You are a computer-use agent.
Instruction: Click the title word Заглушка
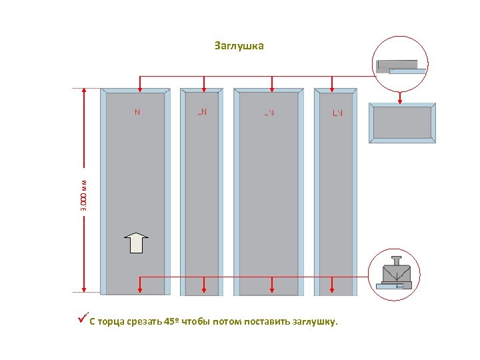click(x=239, y=46)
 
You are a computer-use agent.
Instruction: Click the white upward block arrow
click(x=137, y=243)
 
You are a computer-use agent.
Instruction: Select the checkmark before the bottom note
click(x=83, y=321)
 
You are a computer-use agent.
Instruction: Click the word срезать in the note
click(x=142, y=322)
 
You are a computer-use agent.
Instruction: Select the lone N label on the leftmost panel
click(x=137, y=112)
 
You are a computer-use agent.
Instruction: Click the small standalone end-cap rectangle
click(x=402, y=123)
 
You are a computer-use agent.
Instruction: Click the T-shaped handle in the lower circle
click(x=396, y=259)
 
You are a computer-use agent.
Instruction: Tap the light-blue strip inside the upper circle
click(x=407, y=71)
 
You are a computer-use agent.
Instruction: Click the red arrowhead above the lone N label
click(x=139, y=87)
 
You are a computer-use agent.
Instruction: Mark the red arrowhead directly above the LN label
click(x=333, y=87)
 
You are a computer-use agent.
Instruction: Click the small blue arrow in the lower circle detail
click(x=399, y=286)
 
